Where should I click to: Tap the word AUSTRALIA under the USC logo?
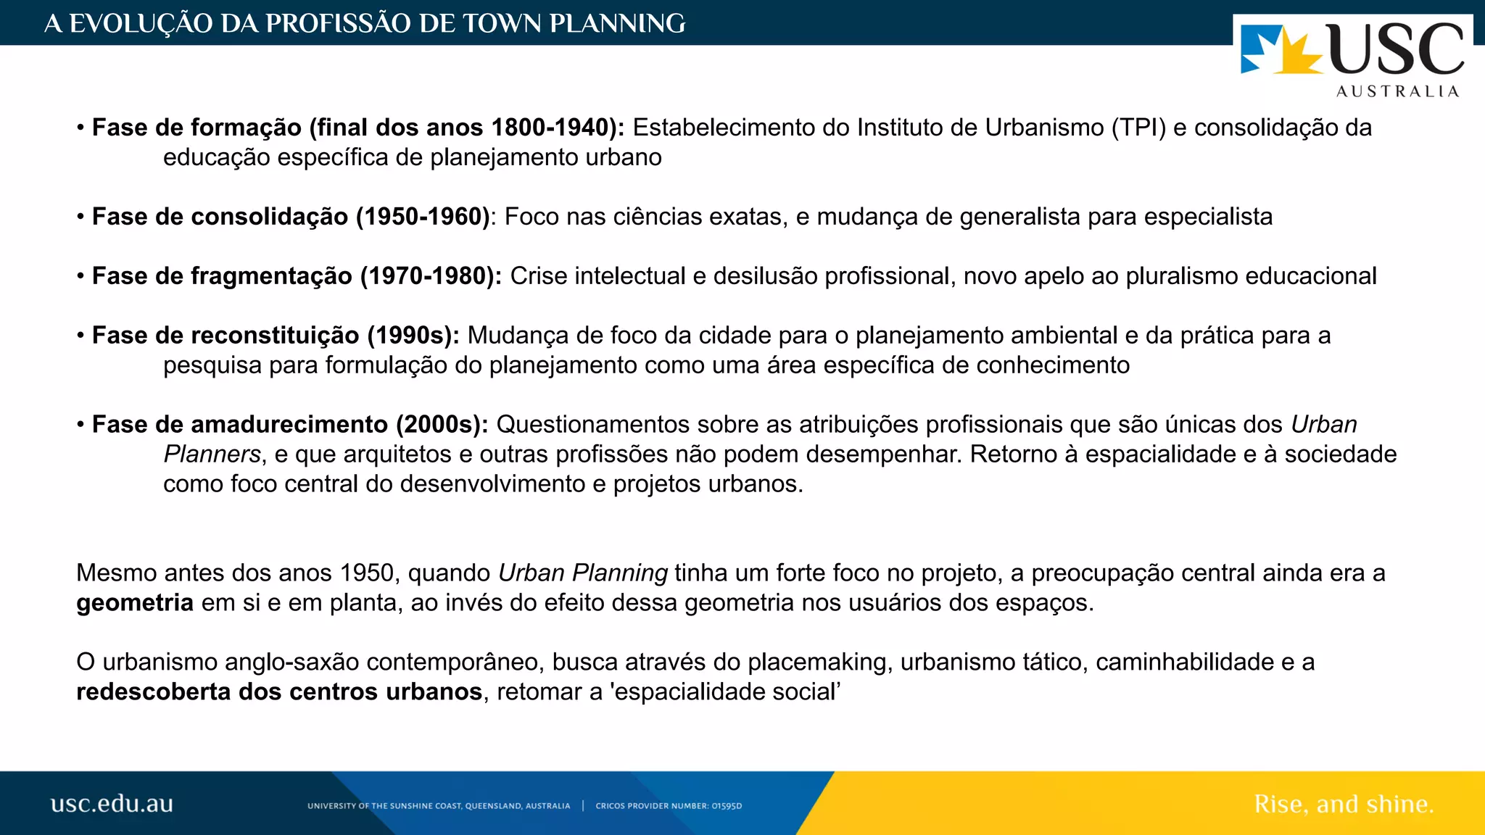1397,91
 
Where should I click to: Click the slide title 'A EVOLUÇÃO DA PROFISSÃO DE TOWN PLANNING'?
365,23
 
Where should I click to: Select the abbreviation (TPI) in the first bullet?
1138,128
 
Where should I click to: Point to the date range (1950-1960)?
423,217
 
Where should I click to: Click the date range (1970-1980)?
431,276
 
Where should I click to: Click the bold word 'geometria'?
135,603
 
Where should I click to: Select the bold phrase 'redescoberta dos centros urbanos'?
279,692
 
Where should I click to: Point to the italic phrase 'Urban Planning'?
583,573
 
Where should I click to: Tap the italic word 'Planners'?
212,454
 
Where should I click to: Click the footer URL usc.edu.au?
112,804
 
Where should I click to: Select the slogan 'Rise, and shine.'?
1344,804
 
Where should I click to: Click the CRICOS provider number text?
669,806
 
